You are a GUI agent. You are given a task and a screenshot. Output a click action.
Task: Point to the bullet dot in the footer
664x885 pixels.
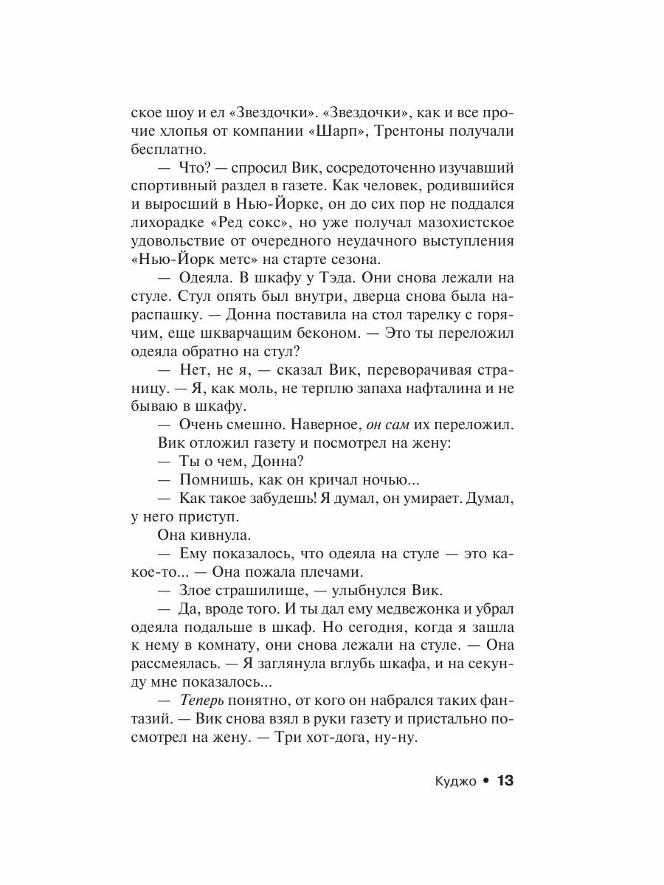point(485,782)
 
